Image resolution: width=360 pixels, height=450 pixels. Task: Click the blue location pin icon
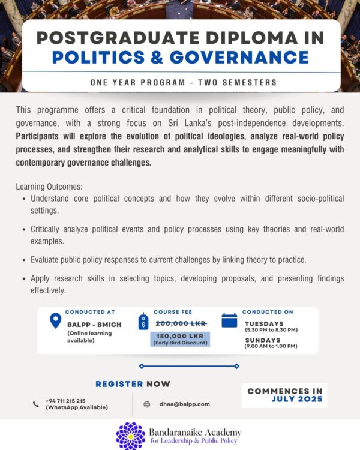pos(55,321)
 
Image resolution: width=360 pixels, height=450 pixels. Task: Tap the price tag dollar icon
pos(143,322)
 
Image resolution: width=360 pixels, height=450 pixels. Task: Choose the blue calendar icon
pos(229,320)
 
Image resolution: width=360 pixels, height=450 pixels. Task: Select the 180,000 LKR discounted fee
pos(180,336)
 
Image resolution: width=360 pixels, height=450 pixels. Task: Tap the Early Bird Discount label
pos(180,343)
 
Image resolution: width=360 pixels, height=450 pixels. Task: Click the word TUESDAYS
pos(264,323)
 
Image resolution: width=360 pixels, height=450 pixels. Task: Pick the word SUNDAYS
pos(262,340)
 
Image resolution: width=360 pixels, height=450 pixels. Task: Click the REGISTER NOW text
pos(133,384)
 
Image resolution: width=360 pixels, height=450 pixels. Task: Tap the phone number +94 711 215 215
pos(65,400)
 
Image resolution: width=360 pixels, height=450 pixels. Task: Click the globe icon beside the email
pos(147,404)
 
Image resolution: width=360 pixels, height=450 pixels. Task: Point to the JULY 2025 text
pos(297,399)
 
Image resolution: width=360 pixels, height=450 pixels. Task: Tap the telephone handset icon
pos(36,404)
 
